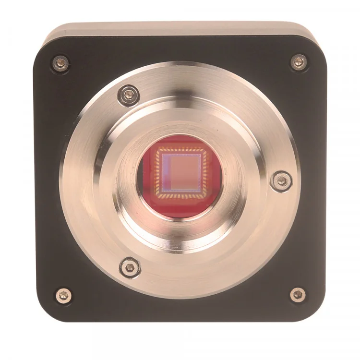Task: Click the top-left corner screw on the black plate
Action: click(60, 63)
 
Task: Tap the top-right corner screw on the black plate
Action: click(299, 61)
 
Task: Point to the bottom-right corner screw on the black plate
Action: click(298, 294)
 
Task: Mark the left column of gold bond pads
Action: click(156, 173)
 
